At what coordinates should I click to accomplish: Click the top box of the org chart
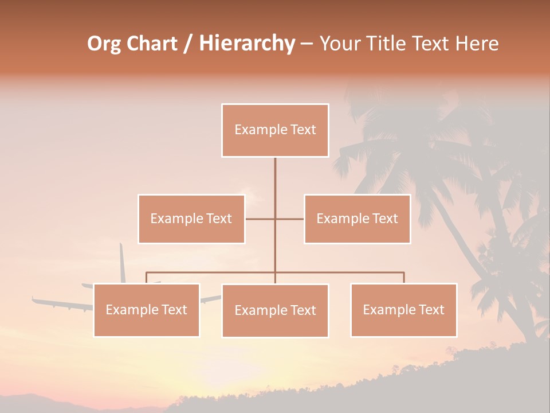tap(275, 130)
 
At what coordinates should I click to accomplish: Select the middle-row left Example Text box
tap(191, 219)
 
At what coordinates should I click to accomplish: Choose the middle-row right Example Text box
tap(357, 219)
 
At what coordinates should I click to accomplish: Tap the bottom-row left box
tap(147, 310)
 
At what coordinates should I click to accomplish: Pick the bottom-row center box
tap(275, 310)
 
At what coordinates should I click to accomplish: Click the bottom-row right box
tap(403, 310)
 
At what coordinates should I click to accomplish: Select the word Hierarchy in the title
tap(246, 44)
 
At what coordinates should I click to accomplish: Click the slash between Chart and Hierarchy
tap(188, 44)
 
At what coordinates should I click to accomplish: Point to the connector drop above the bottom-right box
tap(403, 278)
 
